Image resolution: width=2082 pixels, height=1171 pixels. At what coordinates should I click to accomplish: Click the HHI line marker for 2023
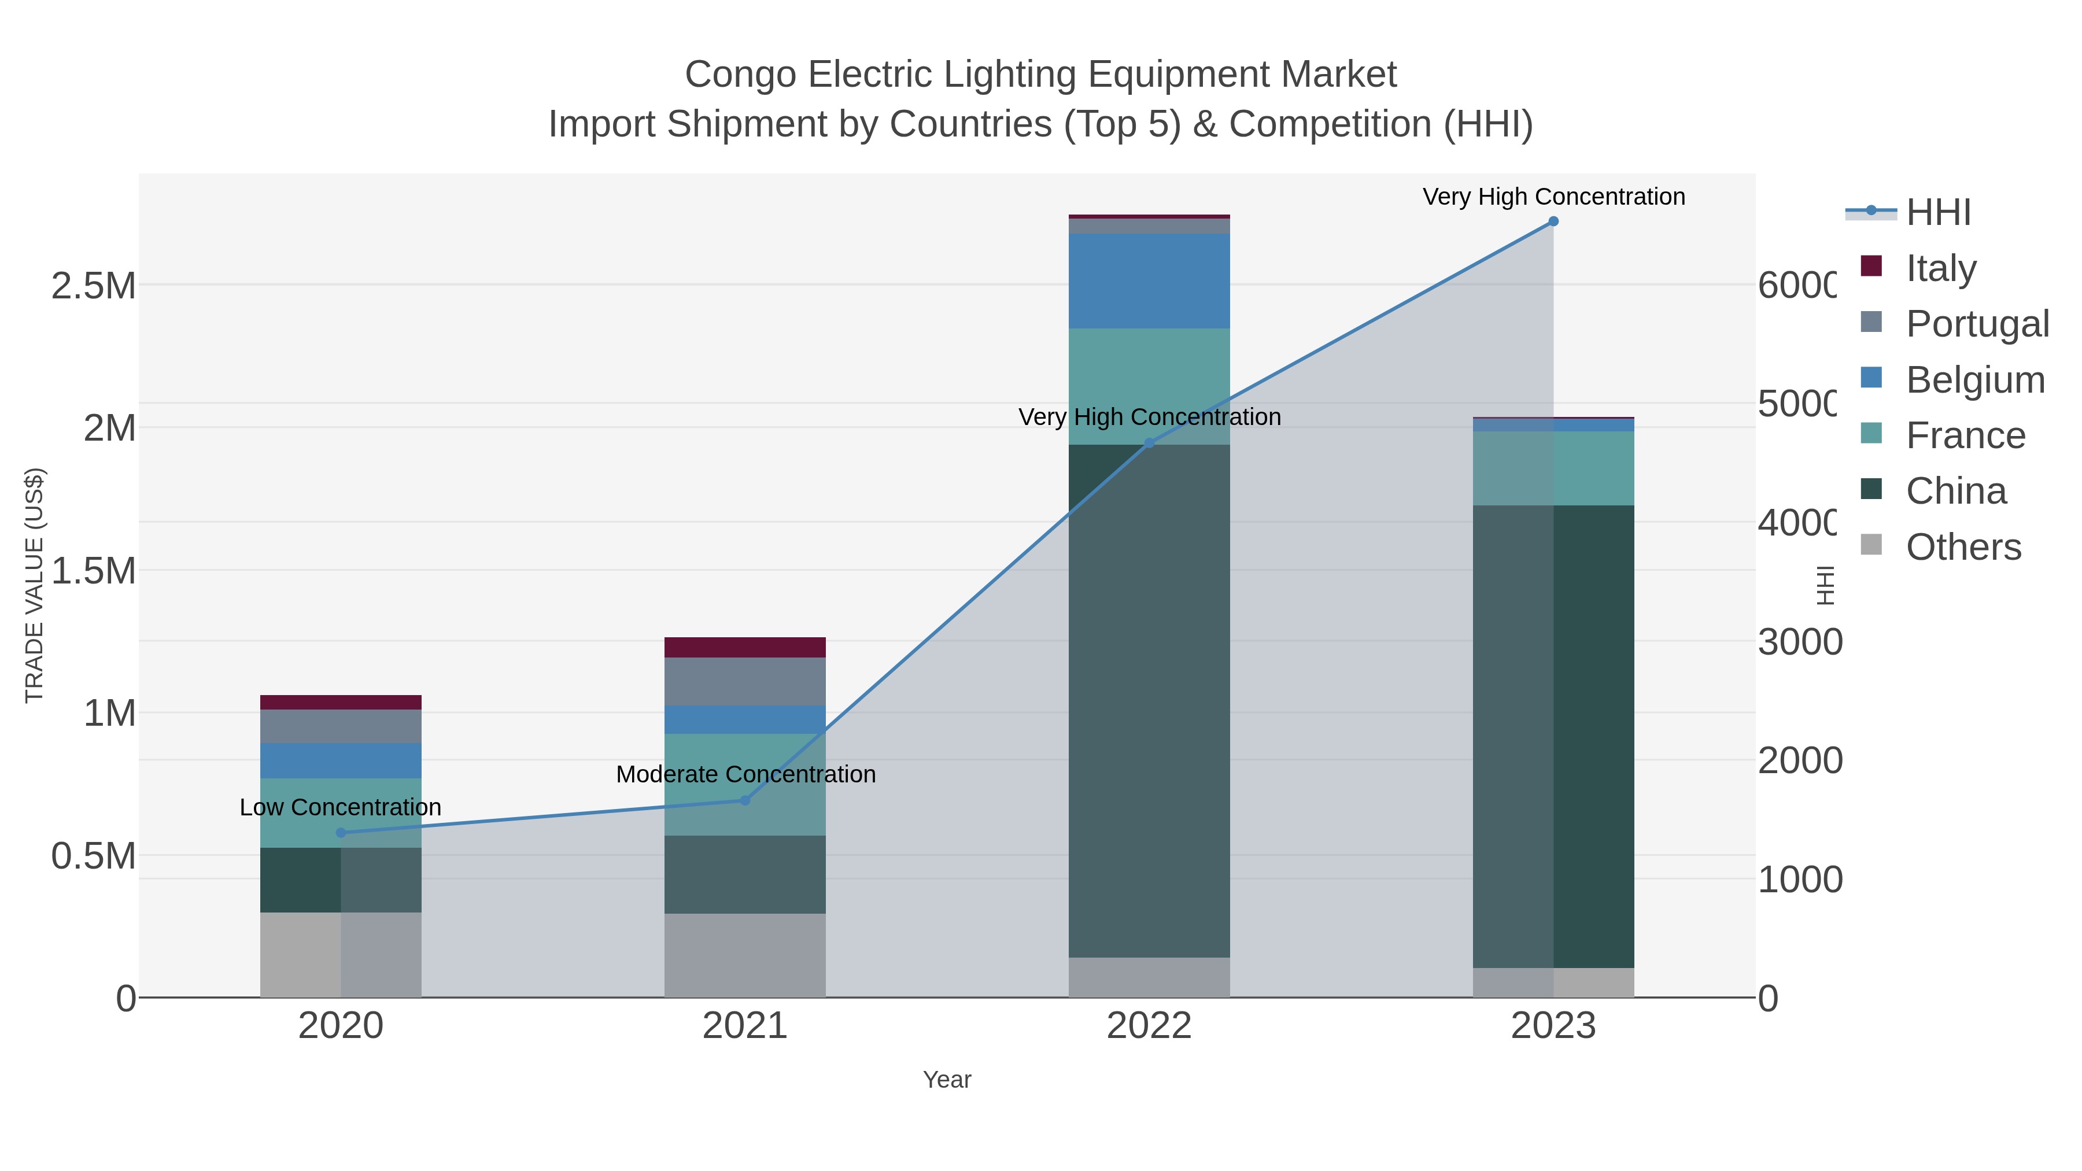pyautogui.click(x=1553, y=221)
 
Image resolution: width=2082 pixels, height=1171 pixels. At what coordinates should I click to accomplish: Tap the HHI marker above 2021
pyautogui.click(x=745, y=800)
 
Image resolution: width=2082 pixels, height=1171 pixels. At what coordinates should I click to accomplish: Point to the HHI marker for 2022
pyautogui.click(x=1149, y=443)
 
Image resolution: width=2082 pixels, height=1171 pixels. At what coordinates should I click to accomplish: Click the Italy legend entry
pyautogui.click(x=1940, y=268)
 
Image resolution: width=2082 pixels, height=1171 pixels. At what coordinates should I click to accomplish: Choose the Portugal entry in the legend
pyautogui.click(x=1976, y=323)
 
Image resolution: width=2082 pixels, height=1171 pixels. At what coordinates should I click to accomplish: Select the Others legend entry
pyautogui.click(x=1962, y=546)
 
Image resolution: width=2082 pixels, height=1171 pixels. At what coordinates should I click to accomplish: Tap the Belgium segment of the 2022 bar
pyautogui.click(x=1149, y=280)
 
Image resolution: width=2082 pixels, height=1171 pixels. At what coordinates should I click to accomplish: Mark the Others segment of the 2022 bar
pyautogui.click(x=1149, y=977)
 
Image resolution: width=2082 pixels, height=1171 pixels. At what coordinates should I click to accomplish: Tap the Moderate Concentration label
pyautogui.click(x=745, y=774)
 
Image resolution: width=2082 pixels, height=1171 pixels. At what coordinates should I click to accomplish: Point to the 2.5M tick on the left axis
pyautogui.click(x=93, y=285)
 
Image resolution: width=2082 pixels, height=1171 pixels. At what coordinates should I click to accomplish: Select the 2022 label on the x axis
pyautogui.click(x=1149, y=1026)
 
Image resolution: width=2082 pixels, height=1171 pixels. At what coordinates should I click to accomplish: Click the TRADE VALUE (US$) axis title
pyautogui.click(x=35, y=585)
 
